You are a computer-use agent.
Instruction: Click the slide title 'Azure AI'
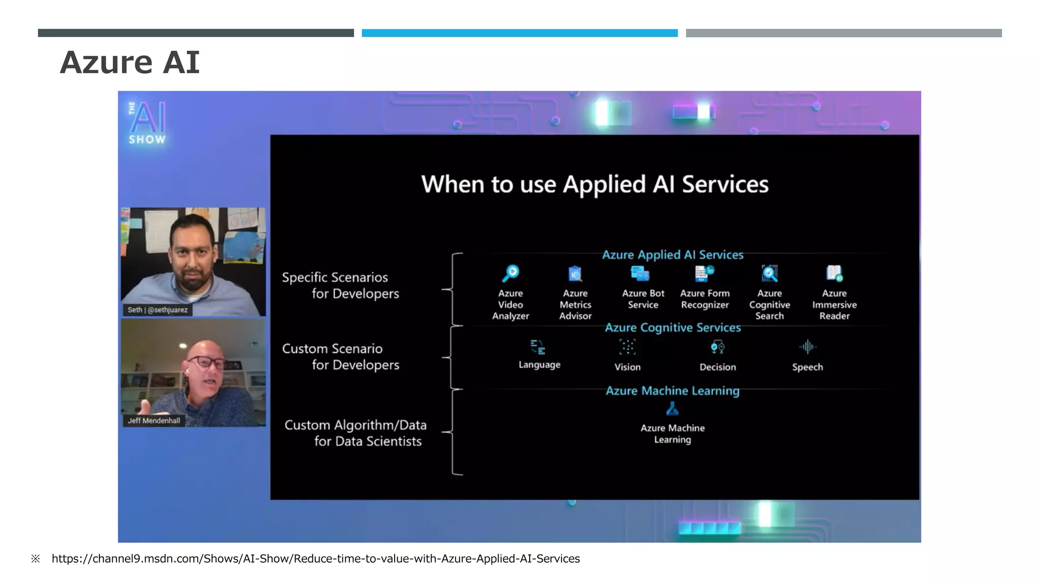coord(129,62)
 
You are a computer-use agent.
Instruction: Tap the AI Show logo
coord(147,123)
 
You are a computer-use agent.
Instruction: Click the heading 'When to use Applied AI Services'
coord(595,184)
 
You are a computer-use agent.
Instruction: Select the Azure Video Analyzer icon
coord(510,273)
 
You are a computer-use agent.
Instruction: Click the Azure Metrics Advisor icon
coord(575,274)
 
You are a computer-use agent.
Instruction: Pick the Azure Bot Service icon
coord(640,274)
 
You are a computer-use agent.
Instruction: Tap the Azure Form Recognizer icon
coord(704,273)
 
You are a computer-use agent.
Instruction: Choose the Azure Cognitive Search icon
coord(769,273)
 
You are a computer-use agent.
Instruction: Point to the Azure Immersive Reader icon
coord(834,273)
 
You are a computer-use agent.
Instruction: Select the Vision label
coord(628,367)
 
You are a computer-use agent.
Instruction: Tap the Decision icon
coord(718,347)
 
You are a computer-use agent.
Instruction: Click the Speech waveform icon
coord(807,347)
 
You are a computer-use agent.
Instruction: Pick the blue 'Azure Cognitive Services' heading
coord(673,328)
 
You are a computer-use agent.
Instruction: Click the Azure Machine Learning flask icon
coord(672,409)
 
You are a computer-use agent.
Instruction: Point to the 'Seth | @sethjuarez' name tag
coord(157,310)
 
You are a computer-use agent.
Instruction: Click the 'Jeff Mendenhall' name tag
coord(154,420)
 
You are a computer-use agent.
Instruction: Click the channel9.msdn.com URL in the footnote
coord(315,559)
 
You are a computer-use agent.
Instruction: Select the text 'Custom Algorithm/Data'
coord(355,425)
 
